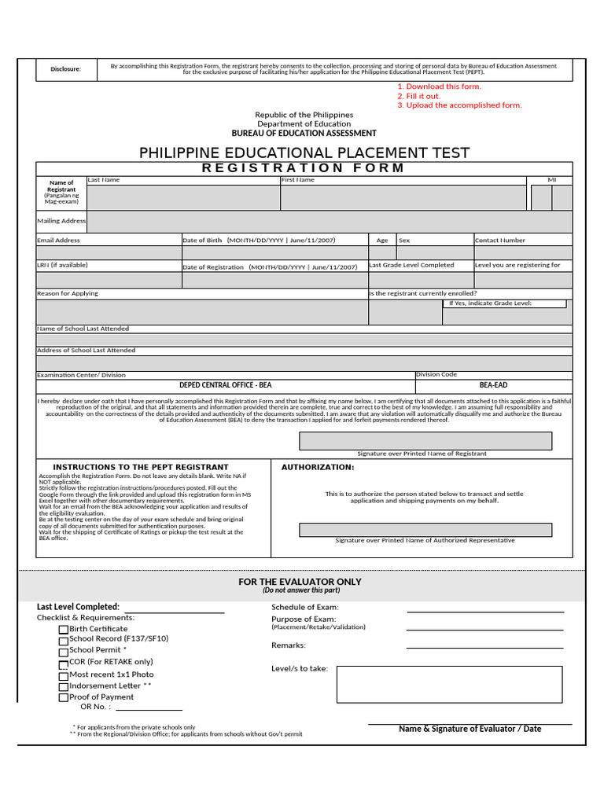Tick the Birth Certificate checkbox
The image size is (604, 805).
click(x=63, y=630)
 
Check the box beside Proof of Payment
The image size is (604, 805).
click(x=63, y=697)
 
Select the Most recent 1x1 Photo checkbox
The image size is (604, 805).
click(x=63, y=675)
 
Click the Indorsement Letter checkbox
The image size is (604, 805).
click(x=63, y=686)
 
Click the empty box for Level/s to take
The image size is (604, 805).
click(x=449, y=684)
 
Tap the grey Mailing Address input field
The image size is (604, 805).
click(x=330, y=222)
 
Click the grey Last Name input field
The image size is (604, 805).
click(x=182, y=197)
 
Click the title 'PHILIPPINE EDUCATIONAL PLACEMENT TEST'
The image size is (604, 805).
click(x=304, y=153)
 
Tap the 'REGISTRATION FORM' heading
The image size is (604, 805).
click(x=304, y=167)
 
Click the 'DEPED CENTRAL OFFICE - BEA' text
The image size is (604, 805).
click(x=226, y=385)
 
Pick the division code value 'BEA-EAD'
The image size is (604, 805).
click(x=494, y=385)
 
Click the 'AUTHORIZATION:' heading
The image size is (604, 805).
click(x=318, y=467)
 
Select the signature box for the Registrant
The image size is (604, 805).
click(x=425, y=440)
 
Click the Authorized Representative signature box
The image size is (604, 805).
click(x=425, y=529)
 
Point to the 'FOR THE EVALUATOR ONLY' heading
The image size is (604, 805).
click(x=300, y=582)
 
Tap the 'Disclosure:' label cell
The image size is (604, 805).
click(x=66, y=69)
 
